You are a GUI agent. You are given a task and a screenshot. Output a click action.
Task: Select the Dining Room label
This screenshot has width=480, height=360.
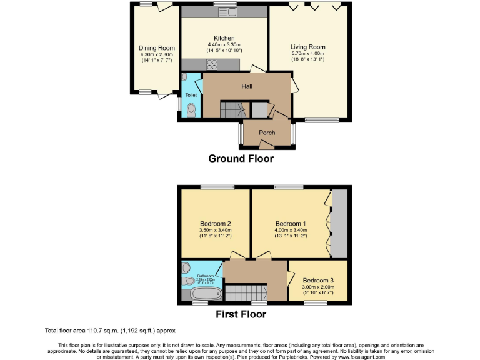pyautogui.click(x=156, y=47)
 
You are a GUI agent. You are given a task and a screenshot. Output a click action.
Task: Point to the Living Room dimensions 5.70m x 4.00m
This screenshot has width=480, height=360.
pyautogui.click(x=307, y=54)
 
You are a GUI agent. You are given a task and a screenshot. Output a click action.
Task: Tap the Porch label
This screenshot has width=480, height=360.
pyautogui.click(x=267, y=132)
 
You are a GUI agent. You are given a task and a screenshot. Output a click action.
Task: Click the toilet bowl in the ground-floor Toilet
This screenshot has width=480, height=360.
pyautogui.click(x=191, y=110)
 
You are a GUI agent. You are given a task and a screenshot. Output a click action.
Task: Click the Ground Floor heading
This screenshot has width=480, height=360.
pyautogui.click(x=241, y=159)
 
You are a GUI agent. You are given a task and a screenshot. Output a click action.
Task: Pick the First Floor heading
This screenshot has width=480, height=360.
pyautogui.click(x=241, y=314)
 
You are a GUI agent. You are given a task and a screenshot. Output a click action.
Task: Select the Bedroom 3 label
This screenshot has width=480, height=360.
pyautogui.click(x=317, y=280)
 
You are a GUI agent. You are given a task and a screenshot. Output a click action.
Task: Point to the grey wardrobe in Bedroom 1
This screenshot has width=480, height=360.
pyautogui.click(x=339, y=223)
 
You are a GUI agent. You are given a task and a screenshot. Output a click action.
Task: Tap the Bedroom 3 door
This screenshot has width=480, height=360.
pyautogui.click(x=292, y=277)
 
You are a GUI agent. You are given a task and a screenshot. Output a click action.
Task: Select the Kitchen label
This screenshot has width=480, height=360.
pyautogui.click(x=224, y=38)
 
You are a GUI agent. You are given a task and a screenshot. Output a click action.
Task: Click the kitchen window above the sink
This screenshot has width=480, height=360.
pyautogui.click(x=224, y=4)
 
